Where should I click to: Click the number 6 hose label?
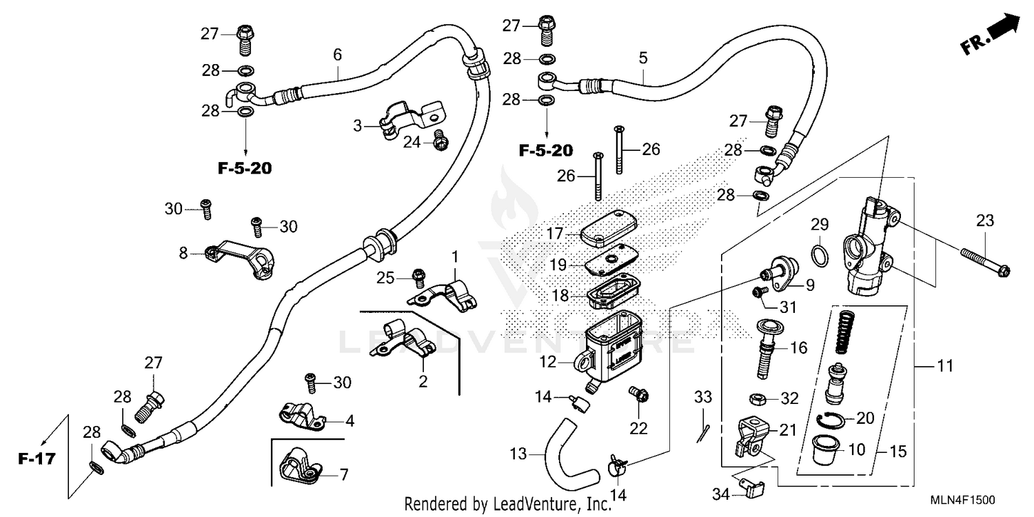coord(337,53)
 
